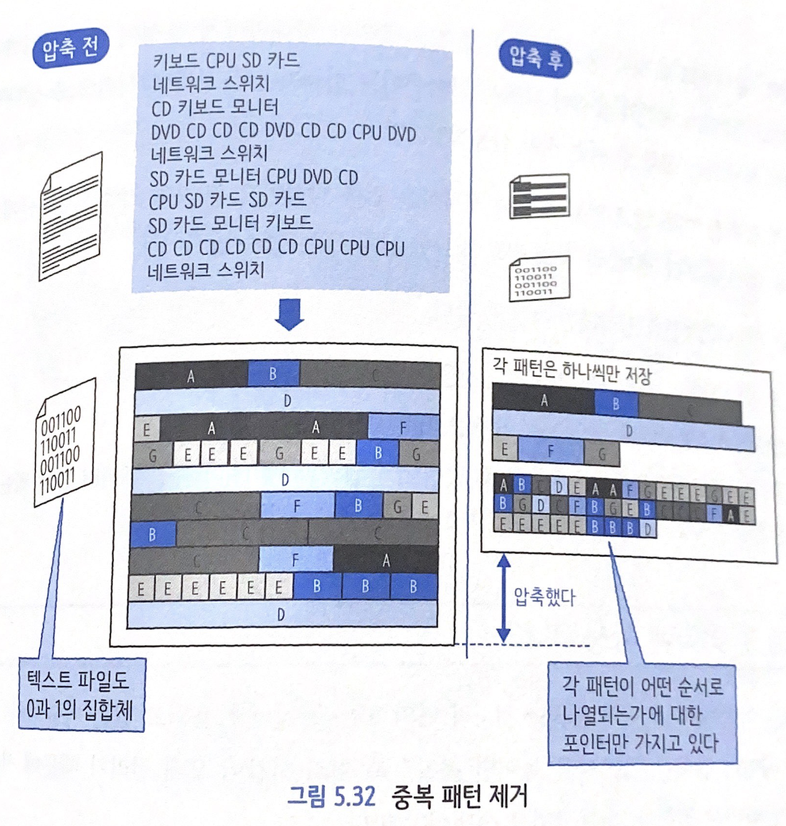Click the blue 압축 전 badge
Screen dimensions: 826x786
click(x=70, y=49)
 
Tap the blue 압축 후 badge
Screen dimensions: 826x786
click(x=536, y=57)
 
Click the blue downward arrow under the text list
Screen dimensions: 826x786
click(x=289, y=314)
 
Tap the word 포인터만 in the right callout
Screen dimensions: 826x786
click(x=599, y=742)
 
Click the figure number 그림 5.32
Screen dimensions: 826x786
click(x=331, y=797)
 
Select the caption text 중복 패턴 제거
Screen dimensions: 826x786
click(x=459, y=797)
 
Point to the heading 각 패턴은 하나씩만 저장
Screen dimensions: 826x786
click(x=572, y=371)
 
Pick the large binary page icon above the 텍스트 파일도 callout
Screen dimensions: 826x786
click(x=64, y=443)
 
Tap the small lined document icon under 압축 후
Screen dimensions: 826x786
click(x=540, y=194)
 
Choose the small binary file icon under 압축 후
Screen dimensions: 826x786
click(x=539, y=278)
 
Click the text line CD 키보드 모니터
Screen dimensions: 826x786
click(x=214, y=108)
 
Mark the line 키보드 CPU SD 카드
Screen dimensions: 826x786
click(x=226, y=61)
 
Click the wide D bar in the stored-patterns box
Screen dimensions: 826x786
click(x=624, y=432)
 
